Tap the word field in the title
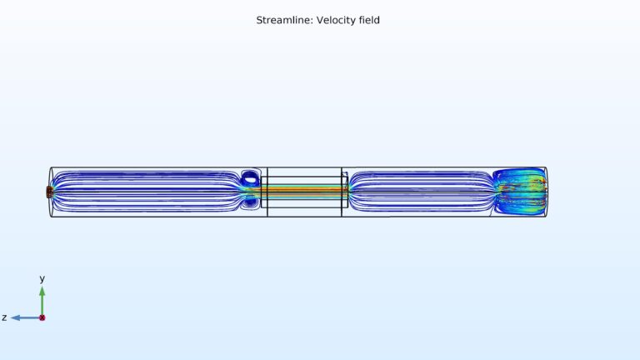(368, 20)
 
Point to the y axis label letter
(42, 279)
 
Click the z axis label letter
(4, 317)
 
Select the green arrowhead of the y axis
(42, 291)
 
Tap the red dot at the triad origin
(42, 317)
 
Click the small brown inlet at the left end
(49, 192)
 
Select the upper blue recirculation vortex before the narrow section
(251, 177)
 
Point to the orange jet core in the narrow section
(304, 191)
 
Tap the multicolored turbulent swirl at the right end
(518, 190)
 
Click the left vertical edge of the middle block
(267, 192)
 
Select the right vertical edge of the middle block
(342, 192)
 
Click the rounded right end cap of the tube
(546, 192)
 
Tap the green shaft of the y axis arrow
(42, 305)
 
